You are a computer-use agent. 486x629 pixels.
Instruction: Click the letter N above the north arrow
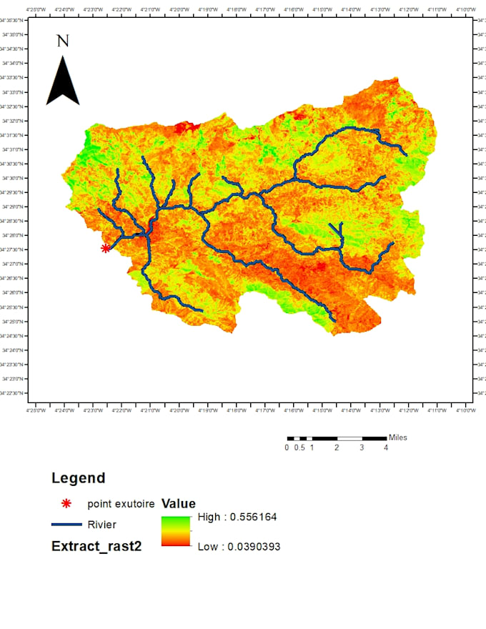point(63,41)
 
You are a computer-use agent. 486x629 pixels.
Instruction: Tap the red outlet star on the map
point(106,248)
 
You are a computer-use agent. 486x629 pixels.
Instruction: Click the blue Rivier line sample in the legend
point(66,525)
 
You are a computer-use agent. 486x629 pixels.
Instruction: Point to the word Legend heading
point(78,478)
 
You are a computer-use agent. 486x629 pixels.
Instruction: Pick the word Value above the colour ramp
point(179,503)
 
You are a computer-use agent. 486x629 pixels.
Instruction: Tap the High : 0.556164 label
point(237,517)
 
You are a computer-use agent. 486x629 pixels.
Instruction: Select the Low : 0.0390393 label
point(239,546)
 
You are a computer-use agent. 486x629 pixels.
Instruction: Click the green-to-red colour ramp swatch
point(176,531)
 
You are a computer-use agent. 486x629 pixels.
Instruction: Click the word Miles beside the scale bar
point(398,437)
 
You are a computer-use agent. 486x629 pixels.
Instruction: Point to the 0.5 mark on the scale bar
point(300,448)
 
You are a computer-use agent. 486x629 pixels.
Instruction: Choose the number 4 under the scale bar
point(386,448)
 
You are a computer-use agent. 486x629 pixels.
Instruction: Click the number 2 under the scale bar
point(337,448)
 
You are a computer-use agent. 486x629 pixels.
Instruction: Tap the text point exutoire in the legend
point(121,504)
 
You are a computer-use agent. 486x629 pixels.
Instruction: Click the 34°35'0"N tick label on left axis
point(14,34)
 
